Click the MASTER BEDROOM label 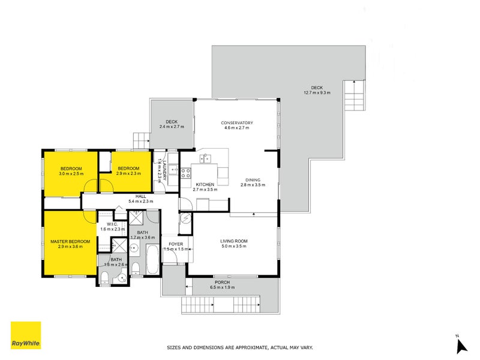click(70, 241)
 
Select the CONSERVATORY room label click(237, 123)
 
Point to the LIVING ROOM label click(233, 241)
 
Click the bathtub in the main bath click(152, 260)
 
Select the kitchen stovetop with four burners click(185, 173)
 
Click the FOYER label click(176, 244)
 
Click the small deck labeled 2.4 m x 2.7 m click(172, 124)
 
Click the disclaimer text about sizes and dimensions click(239, 347)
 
